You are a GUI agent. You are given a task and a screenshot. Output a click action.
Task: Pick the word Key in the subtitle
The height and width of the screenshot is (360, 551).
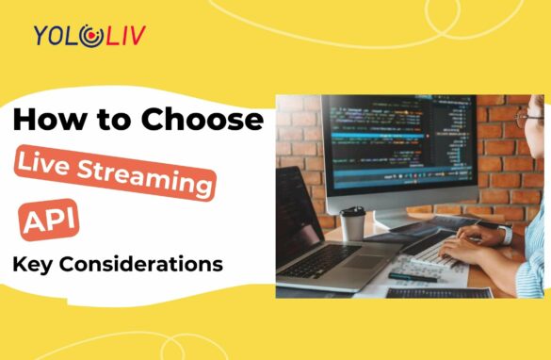click(29, 264)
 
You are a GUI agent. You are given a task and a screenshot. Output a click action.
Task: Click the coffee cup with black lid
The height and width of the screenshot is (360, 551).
click(352, 223)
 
